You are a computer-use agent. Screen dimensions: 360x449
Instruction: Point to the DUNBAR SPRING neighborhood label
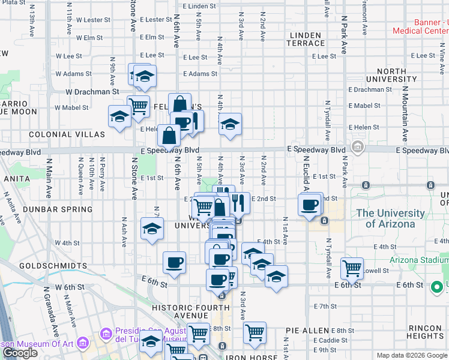click(58, 209)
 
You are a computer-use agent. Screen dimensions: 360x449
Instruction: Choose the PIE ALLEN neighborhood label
click(307, 331)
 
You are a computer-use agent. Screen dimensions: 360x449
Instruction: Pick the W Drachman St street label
click(92, 92)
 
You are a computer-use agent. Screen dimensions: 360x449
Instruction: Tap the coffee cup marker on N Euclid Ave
click(310, 205)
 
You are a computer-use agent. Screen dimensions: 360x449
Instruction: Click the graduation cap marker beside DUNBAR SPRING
click(152, 228)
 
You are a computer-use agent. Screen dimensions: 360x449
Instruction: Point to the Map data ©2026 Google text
click(412, 355)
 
